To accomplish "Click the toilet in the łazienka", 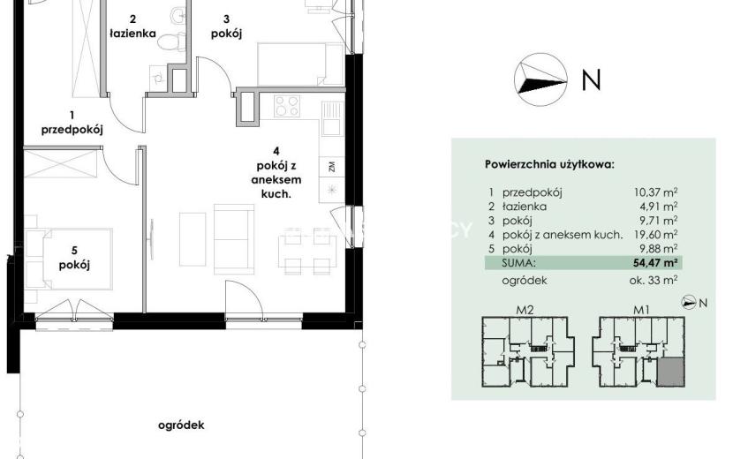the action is [170, 41].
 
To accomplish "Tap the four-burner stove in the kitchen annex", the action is [286, 106].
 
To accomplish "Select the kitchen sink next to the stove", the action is [332, 118].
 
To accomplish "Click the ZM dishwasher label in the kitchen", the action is [332, 167].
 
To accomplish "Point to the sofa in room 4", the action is [234, 239].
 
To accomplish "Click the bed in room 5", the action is [77, 259].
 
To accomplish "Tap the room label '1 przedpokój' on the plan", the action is [72, 123].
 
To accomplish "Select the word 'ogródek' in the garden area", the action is [181, 425].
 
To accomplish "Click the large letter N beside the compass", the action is [591, 79].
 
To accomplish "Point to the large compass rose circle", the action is [540, 79].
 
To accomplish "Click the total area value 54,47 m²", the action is [655, 263].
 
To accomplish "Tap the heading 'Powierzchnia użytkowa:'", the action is [549, 164].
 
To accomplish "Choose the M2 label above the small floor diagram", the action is [525, 310].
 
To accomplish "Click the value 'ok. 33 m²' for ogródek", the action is [654, 281].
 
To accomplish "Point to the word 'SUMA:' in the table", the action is [518, 263].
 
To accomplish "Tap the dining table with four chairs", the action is [307, 252].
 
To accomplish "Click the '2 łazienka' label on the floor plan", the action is [132, 26].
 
